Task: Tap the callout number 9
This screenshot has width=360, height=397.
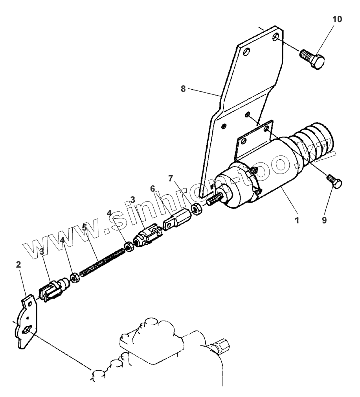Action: tap(325, 220)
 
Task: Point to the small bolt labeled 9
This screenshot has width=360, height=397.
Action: tap(335, 181)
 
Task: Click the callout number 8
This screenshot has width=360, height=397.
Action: tap(183, 89)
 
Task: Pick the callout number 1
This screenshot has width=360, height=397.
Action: tap(297, 220)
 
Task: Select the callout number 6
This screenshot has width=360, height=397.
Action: tap(152, 189)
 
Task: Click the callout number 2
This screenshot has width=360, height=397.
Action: tap(18, 265)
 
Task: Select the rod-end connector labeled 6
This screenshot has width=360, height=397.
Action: tap(176, 220)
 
